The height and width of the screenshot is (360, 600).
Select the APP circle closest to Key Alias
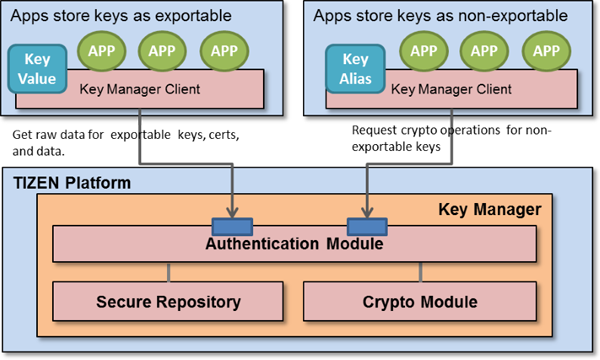tap(424, 50)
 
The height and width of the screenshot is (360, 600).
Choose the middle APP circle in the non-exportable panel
tap(484, 50)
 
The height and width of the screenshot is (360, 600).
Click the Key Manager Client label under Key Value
tap(139, 90)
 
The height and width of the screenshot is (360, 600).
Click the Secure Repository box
tap(168, 301)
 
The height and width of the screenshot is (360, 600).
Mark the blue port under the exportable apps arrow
tap(231, 224)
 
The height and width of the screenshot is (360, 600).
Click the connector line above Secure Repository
tap(168, 271)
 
